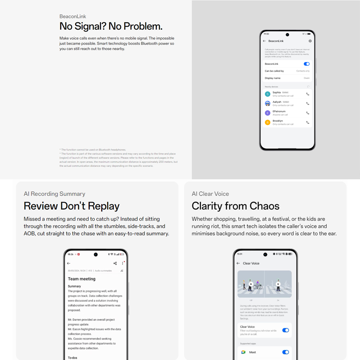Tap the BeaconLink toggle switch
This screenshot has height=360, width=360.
306,64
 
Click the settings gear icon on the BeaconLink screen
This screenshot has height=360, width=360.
310,41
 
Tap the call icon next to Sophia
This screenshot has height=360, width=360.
307,94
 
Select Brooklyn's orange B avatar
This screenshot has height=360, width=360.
267,122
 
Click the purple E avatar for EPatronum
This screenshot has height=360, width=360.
267,113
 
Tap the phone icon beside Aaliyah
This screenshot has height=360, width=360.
307,103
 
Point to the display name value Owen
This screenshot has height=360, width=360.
306,78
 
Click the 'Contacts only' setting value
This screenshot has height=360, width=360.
303,71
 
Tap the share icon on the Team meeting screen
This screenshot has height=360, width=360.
115,264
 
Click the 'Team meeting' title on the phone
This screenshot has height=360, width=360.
82,279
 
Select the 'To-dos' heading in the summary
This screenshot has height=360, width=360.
73,357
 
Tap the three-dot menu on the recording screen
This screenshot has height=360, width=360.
122,264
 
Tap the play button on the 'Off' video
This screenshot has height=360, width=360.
251,284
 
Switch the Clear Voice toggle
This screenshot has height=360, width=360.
285,330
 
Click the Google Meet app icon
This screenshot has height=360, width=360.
243,352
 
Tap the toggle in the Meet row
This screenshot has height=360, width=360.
285,352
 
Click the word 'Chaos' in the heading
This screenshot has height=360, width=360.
262,206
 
